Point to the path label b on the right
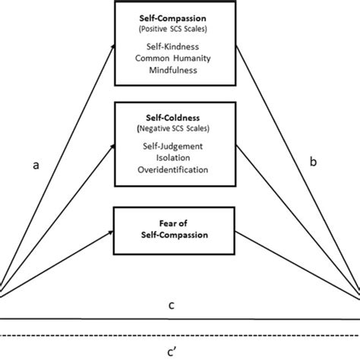pos(312,163)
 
